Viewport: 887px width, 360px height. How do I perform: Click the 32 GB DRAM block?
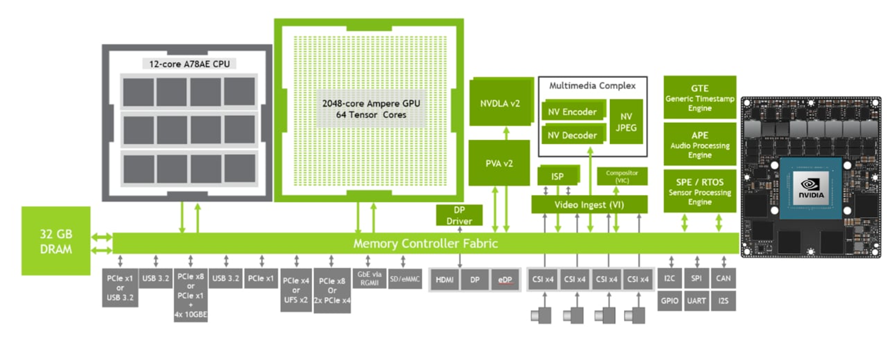56,241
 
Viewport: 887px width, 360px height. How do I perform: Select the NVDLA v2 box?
500,103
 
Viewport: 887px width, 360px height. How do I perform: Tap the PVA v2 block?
499,163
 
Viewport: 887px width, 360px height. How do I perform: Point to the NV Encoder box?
572,112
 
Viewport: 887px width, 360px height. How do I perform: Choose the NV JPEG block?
626,122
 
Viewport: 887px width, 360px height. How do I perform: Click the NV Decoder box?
572,135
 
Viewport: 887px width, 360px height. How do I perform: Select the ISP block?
557,176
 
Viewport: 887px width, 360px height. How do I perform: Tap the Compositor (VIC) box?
622,176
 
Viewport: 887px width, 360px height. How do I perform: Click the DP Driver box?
459,215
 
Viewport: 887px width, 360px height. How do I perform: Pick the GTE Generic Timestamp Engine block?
699,98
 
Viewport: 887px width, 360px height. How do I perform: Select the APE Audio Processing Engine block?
699,145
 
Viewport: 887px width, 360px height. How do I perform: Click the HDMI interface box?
444,280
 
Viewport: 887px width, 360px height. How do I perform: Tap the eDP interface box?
505,280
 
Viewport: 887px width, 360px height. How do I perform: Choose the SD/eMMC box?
404,279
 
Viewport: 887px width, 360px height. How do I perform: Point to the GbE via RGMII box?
369,278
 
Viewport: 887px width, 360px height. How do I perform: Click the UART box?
696,301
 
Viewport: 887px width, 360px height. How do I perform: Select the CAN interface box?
723,278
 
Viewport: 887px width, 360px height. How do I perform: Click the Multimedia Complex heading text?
592,86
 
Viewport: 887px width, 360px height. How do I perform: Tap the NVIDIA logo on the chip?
811,188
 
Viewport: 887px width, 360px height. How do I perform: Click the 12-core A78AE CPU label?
189,64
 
